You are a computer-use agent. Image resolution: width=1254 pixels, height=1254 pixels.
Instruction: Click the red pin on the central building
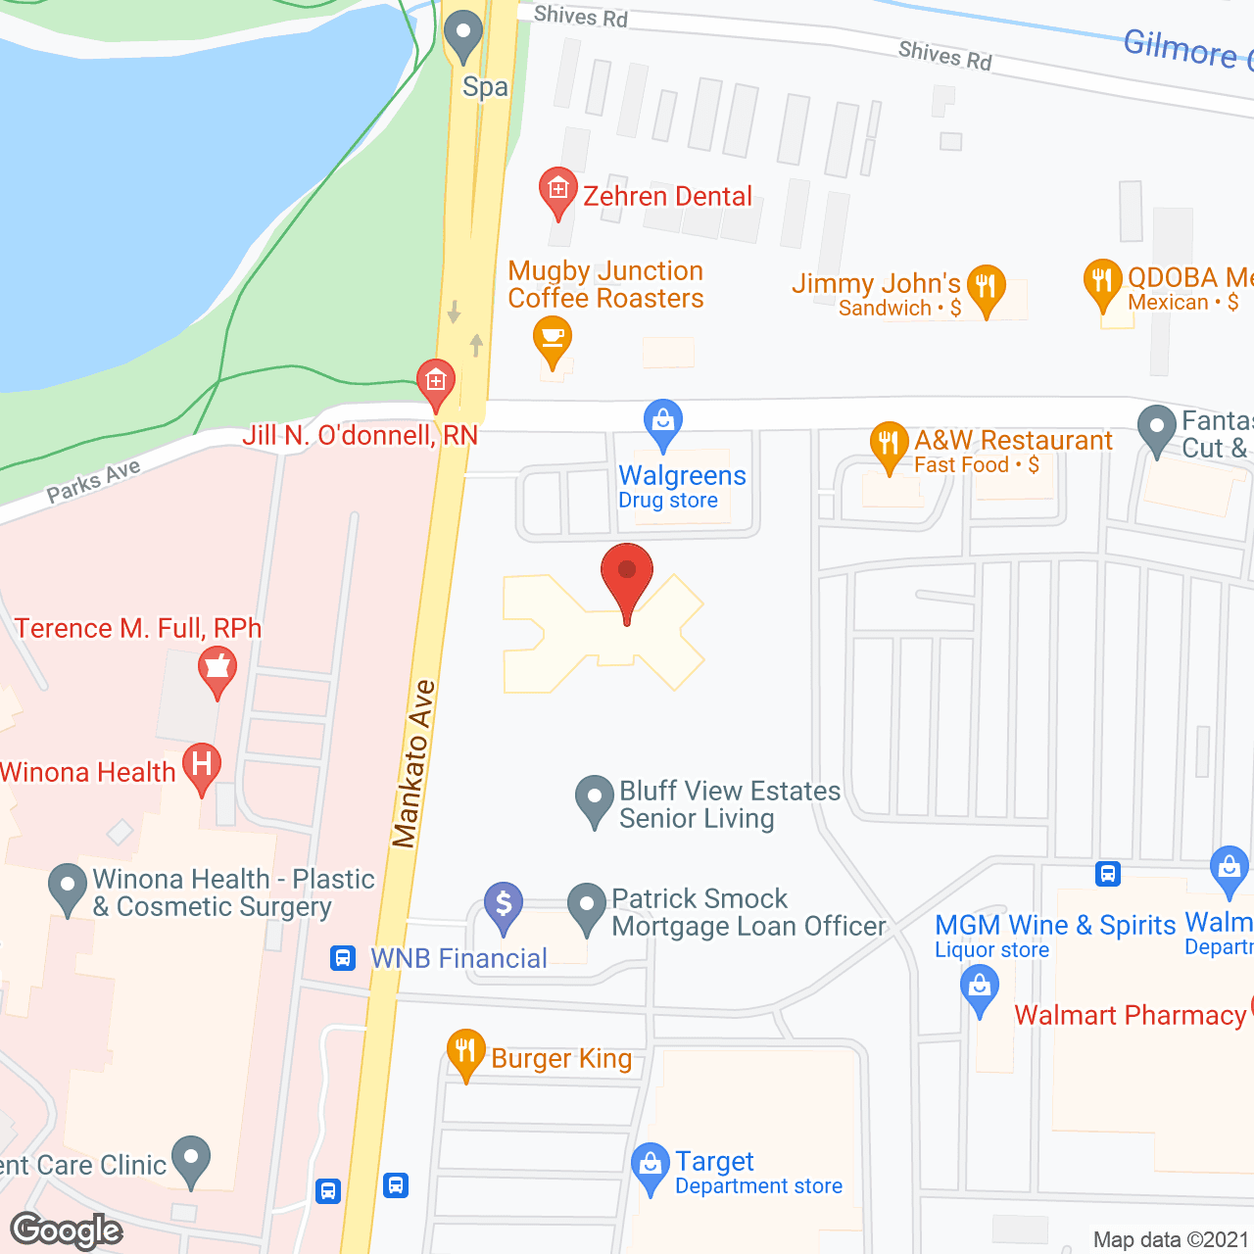click(x=627, y=577)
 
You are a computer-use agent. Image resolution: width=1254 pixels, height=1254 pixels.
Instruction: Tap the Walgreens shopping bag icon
click(x=663, y=422)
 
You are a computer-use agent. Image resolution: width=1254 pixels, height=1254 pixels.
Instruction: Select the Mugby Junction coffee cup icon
click(x=553, y=339)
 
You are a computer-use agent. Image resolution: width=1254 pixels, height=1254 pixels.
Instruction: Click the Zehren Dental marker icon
click(x=558, y=189)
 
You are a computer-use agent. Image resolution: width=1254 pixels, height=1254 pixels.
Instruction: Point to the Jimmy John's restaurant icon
click(x=987, y=287)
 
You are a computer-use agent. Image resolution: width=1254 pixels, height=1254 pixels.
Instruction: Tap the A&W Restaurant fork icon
click(x=889, y=445)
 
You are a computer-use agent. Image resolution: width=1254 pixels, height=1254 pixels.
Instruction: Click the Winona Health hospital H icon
click(x=202, y=765)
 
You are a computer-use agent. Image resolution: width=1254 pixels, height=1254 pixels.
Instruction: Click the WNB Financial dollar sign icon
click(x=504, y=904)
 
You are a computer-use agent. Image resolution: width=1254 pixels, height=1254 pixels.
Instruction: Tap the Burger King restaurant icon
click(x=465, y=1052)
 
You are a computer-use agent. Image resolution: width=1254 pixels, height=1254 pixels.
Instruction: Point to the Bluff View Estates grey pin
click(x=594, y=798)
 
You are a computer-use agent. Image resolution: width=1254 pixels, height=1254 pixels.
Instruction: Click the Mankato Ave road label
click(x=413, y=764)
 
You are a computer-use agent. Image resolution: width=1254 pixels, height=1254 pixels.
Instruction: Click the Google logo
click(x=66, y=1230)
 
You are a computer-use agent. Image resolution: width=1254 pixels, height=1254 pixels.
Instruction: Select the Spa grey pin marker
click(x=463, y=35)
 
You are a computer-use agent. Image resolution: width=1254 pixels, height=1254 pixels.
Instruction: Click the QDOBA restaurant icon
click(x=1102, y=281)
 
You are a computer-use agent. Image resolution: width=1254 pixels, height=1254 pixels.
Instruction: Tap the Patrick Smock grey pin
click(x=587, y=906)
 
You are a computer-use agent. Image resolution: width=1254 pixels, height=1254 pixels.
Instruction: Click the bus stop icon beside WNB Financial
click(x=343, y=957)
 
